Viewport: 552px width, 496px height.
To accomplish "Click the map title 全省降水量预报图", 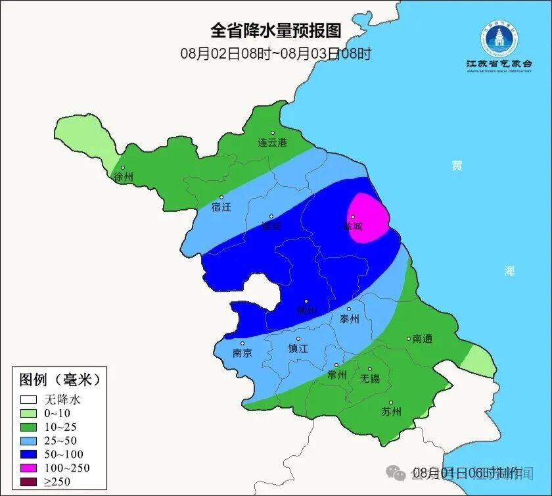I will (x=276, y=30).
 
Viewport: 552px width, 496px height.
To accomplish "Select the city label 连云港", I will (x=272, y=143).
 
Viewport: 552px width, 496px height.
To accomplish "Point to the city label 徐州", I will (x=124, y=177).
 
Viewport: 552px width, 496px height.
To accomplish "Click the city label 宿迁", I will (x=221, y=207).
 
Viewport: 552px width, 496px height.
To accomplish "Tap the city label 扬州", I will (x=306, y=310).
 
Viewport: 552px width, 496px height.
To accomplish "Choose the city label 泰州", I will (x=350, y=319).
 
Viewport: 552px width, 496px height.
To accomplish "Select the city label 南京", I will (x=242, y=353).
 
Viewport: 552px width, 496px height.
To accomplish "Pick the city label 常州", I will (x=336, y=375).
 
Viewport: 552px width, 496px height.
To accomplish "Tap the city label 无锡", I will (x=370, y=379).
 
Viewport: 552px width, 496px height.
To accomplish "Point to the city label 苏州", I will (x=391, y=412).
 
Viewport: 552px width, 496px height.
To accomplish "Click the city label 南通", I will (x=423, y=339).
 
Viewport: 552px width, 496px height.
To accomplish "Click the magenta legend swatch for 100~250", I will (x=28, y=468).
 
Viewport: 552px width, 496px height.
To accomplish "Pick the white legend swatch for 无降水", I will (x=28, y=399).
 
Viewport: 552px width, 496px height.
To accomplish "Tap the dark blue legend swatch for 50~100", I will (x=28, y=455).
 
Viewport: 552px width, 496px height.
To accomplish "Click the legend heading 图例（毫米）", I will (x=59, y=380).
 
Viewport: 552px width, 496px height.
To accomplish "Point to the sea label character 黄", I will (x=456, y=166).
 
